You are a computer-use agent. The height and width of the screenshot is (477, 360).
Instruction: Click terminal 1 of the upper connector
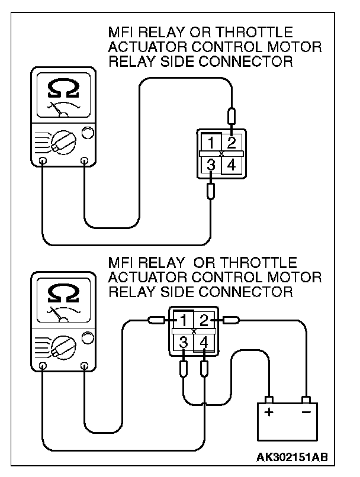[x=211, y=143]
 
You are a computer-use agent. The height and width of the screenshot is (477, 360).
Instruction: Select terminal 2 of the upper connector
[x=232, y=143]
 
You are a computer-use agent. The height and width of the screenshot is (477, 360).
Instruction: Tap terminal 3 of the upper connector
[x=211, y=165]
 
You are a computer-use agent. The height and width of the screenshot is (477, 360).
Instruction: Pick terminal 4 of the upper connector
[x=232, y=166]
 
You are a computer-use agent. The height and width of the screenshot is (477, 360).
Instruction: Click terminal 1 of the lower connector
[x=184, y=321]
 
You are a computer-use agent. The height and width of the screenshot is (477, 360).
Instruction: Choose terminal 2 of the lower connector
[x=204, y=321]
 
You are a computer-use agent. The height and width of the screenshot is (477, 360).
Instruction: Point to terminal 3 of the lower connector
[x=184, y=343]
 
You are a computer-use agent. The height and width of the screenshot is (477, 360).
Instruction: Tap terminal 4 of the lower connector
[x=204, y=343]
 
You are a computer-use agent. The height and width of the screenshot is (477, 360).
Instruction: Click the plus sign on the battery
[x=269, y=412]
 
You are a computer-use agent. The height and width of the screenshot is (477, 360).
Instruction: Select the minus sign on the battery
[x=306, y=412]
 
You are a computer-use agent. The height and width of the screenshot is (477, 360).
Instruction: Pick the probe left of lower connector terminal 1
[x=157, y=321]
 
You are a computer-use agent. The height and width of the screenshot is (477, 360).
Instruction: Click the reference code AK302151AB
[x=292, y=457]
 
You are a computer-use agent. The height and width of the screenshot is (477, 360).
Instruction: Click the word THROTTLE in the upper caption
[x=264, y=32]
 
